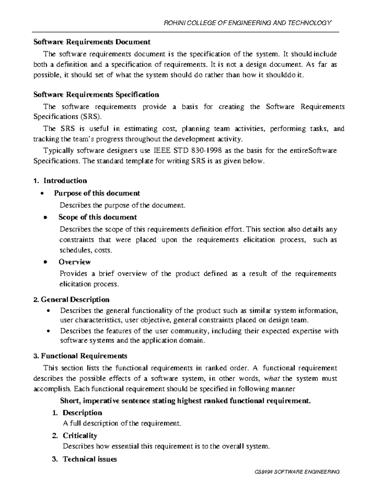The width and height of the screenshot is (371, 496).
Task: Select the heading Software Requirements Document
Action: (92, 42)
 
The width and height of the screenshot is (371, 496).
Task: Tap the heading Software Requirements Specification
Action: (96, 94)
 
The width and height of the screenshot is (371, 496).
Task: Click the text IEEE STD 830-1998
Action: (188, 151)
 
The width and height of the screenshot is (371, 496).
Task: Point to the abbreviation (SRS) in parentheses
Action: (90, 117)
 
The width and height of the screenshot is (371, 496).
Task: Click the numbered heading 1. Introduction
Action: (60, 181)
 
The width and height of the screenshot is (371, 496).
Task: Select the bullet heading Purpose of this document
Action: (97, 193)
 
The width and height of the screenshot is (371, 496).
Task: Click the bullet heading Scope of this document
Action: (97, 217)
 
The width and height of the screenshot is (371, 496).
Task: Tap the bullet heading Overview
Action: (75, 262)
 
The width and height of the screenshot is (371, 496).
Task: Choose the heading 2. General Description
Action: (71, 300)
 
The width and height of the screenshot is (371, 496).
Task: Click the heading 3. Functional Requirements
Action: (80, 356)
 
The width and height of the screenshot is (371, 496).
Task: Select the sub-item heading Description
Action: (82, 413)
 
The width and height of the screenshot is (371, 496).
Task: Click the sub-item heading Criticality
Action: (80, 436)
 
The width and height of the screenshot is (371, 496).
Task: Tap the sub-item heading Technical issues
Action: (90, 459)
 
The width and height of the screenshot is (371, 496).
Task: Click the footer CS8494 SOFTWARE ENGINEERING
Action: (296, 472)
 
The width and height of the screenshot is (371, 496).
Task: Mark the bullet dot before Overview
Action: (45, 262)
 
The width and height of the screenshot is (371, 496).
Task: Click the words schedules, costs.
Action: (86, 250)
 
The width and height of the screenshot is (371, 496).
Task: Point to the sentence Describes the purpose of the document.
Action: (122, 205)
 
